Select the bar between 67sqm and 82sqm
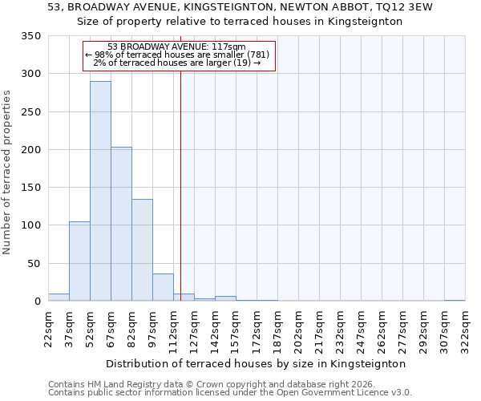[x=121, y=224]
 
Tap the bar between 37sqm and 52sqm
[x=79, y=261]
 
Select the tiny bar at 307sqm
[x=455, y=300]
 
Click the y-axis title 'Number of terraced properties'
[x=7, y=172]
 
